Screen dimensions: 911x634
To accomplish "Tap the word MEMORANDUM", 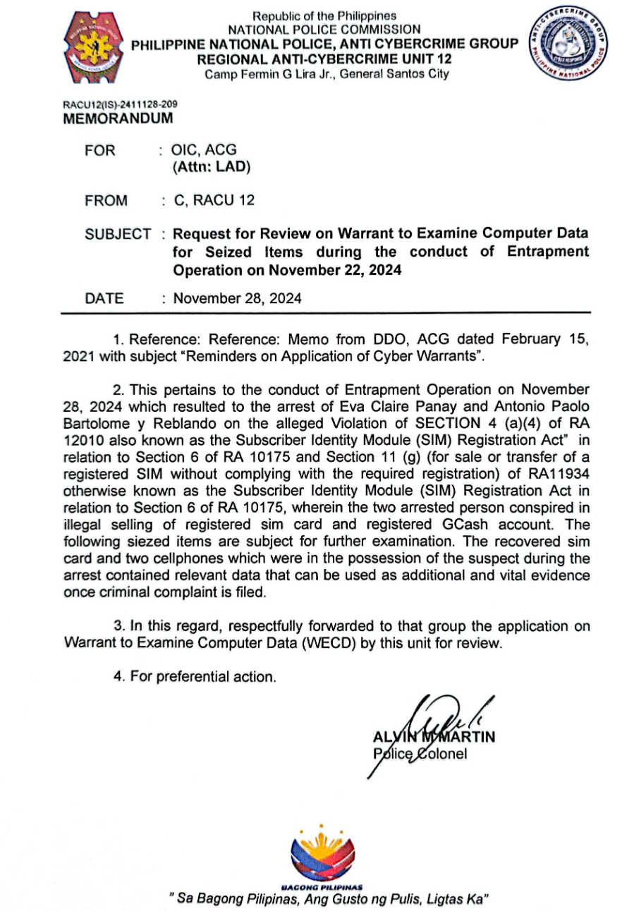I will (x=118, y=118).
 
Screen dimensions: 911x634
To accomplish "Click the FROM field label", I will (x=106, y=201).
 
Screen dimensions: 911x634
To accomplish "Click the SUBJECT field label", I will (x=117, y=234).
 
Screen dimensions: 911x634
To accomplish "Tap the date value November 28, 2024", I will (x=238, y=298).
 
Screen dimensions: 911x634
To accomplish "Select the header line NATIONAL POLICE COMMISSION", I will (x=324, y=30).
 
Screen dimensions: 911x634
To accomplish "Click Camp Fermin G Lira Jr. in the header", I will (x=269, y=74).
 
